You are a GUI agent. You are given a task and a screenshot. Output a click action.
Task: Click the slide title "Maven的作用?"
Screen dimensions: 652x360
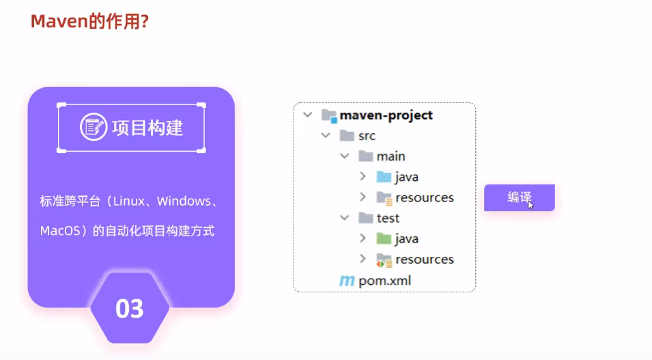89,22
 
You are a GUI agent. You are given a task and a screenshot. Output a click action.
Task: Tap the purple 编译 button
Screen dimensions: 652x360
519,197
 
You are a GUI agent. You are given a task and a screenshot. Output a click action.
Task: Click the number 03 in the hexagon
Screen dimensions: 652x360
129,309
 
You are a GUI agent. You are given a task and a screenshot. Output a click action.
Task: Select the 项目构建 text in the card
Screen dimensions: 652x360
147,128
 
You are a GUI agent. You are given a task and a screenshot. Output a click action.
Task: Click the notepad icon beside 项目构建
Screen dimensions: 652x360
93,128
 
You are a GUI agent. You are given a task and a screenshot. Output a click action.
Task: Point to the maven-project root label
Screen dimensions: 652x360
386,115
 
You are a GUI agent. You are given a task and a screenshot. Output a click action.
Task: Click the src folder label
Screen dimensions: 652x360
367,136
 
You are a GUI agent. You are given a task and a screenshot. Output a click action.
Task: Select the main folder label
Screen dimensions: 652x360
391,156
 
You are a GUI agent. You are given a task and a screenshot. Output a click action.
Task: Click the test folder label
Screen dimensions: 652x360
388,218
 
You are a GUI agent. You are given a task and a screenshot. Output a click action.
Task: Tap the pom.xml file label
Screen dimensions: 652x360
384,280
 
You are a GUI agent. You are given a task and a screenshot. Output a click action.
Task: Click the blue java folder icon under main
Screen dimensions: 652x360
384,177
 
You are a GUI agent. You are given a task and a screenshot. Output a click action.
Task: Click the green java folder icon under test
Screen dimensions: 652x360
384,238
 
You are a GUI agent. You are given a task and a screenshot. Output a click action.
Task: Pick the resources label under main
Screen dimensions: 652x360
424,197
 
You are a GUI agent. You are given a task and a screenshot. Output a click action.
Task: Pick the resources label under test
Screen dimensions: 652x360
424,259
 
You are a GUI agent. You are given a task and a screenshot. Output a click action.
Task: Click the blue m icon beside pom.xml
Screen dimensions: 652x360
347,280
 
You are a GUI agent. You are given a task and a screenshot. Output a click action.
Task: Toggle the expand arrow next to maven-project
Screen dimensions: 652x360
308,115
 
